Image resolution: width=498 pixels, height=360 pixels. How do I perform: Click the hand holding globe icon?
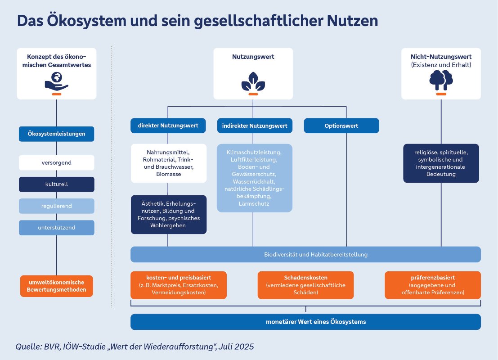[56, 83]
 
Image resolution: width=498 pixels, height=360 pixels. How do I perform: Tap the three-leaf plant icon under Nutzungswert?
[253, 81]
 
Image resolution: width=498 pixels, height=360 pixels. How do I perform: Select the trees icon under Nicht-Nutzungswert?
[441, 81]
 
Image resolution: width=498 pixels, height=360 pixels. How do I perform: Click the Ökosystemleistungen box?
[56, 134]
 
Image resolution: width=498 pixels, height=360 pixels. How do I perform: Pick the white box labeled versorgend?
[56, 162]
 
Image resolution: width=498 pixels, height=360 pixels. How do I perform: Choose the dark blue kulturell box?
[56, 184]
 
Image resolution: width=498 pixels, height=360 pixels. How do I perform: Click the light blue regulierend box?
[56, 206]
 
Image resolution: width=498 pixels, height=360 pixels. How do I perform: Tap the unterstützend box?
[56, 228]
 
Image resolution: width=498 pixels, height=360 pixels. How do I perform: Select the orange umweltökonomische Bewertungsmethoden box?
[56, 286]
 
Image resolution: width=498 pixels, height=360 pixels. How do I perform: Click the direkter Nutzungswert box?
[168, 126]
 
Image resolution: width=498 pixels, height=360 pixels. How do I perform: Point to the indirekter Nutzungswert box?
[255, 126]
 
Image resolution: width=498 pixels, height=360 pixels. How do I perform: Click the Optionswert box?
[341, 126]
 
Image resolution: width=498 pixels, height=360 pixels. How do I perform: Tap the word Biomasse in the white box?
[168, 174]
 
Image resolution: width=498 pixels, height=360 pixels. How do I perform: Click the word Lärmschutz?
[254, 204]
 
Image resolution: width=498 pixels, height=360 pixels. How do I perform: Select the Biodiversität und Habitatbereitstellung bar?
[305, 255]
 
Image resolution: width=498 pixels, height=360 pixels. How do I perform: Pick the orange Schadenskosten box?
[305, 285]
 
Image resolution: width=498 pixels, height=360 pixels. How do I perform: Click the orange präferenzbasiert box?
[432, 285]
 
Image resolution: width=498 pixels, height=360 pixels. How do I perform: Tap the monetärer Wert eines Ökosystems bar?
[305, 322]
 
